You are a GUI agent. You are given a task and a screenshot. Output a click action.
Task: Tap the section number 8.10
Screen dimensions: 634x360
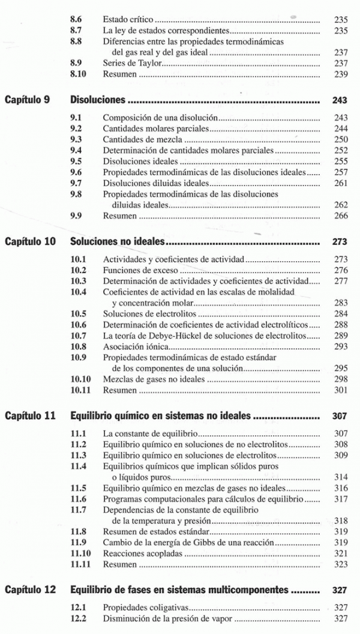tap(79, 74)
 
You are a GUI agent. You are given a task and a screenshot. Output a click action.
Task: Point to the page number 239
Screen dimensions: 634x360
tap(341, 74)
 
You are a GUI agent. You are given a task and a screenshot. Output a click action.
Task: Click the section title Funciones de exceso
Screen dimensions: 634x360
tap(136, 270)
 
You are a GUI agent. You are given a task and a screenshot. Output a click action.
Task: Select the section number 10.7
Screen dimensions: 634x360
tap(79, 335)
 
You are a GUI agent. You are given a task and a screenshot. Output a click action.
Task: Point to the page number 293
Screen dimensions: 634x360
tap(341, 346)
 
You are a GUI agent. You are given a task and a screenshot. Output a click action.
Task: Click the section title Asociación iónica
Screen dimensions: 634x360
tap(136, 346)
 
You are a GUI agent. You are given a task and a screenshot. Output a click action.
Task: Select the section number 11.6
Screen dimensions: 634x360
tap(79, 499)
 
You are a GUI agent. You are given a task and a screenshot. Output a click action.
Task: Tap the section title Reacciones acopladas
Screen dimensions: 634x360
tap(142, 553)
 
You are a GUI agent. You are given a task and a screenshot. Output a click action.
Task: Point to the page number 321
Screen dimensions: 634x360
tap(341, 553)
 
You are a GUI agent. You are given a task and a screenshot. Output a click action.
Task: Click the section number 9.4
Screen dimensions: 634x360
tap(76, 150)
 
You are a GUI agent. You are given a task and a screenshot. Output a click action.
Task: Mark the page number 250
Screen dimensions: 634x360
tap(341, 139)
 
